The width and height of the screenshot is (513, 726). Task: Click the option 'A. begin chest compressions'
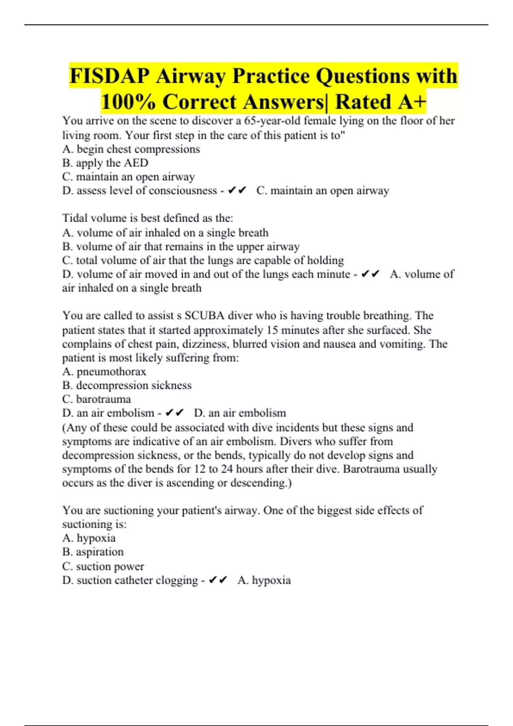coord(131,149)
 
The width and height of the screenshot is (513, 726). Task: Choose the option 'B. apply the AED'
coord(105,163)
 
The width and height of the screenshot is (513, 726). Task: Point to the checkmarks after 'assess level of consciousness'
coord(237,190)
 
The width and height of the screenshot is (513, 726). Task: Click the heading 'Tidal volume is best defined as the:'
coord(147,218)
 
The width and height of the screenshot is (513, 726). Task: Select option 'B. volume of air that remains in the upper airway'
coord(181,246)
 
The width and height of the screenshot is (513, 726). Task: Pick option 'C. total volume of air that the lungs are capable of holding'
coord(203,260)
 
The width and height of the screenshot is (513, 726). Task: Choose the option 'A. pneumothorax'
coord(104,372)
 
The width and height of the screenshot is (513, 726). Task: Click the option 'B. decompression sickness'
coord(127,385)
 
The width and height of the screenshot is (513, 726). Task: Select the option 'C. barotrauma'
coord(97,399)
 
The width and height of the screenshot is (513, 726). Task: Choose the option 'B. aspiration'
coord(93,552)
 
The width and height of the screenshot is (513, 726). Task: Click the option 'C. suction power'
coord(103,566)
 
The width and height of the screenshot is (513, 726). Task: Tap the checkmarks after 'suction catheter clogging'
coord(218,580)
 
